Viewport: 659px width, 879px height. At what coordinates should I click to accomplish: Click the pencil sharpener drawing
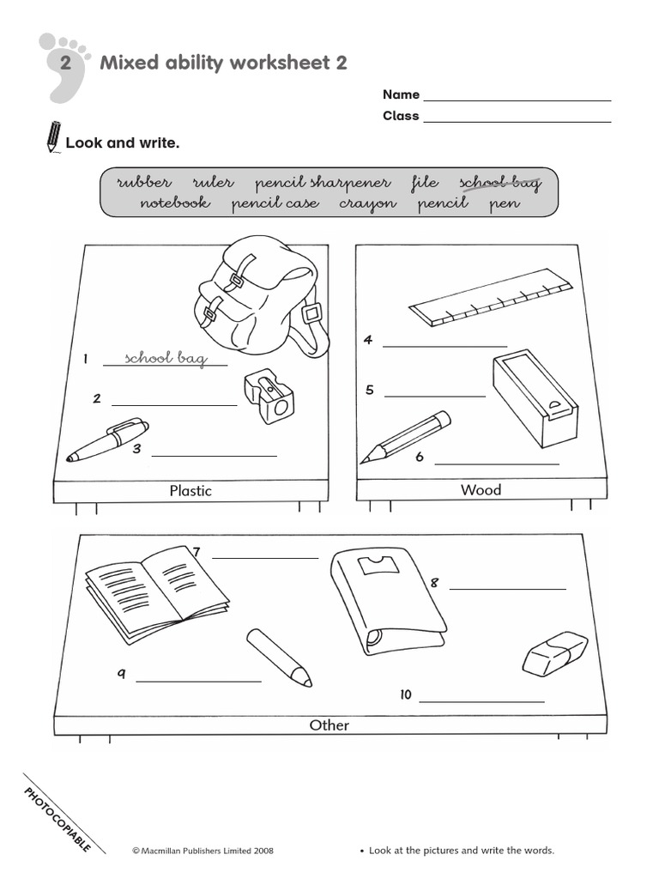tap(269, 397)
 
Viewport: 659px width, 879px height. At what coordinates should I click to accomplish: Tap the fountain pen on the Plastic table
tap(107, 439)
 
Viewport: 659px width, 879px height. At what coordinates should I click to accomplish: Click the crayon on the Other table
tap(278, 657)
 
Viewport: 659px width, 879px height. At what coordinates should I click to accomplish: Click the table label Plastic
tap(190, 491)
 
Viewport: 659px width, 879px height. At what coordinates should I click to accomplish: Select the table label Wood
tap(481, 490)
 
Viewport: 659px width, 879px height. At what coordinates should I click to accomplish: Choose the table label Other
tap(329, 725)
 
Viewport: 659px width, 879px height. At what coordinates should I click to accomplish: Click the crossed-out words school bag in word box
tap(500, 182)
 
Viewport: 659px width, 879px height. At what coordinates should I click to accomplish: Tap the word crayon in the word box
tap(367, 203)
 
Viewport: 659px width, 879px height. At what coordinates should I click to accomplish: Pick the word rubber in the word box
tap(144, 182)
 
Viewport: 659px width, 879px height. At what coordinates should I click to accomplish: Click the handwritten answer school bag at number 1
tap(166, 358)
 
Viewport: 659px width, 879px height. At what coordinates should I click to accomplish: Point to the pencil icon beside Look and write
tap(53, 137)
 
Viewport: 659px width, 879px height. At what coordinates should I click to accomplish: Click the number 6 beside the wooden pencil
tap(420, 457)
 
